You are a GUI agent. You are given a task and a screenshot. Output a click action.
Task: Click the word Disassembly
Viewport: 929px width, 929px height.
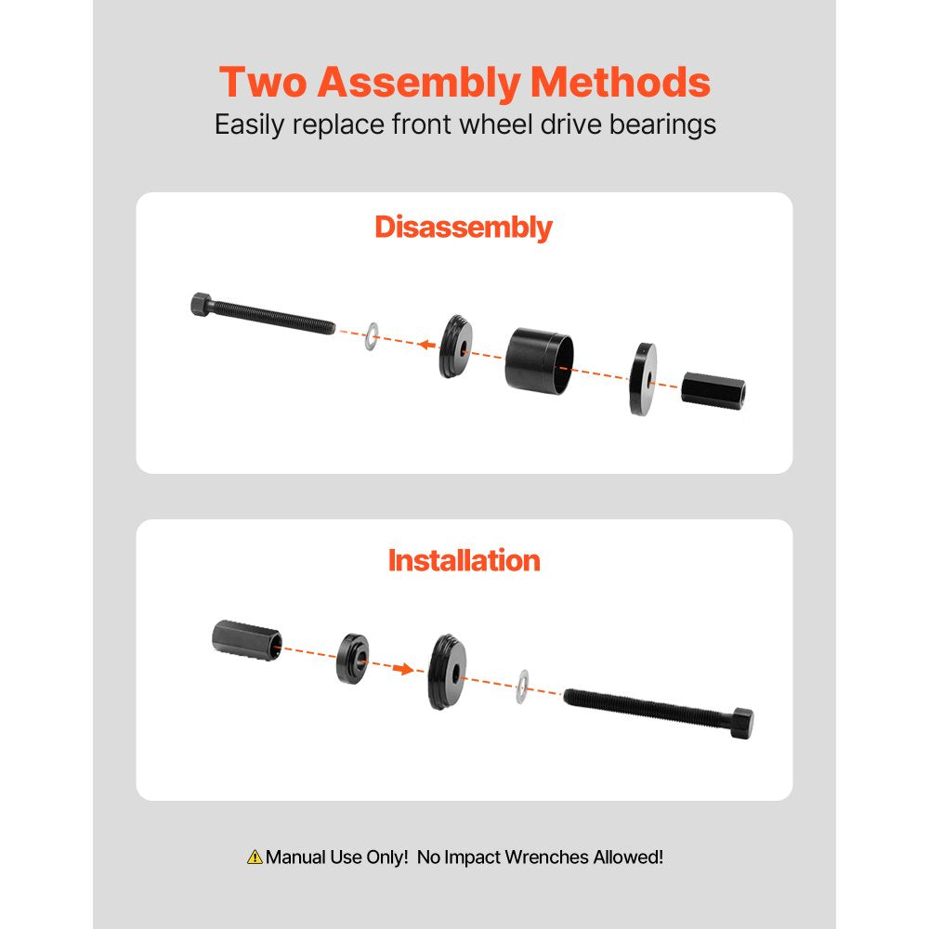click(x=464, y=228)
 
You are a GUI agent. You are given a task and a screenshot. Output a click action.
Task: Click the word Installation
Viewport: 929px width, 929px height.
click(x=464, y=561)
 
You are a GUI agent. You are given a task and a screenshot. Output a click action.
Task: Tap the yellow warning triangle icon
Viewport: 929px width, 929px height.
click(x=255, y=857)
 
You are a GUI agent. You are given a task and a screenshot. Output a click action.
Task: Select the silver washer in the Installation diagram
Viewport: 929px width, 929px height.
click(x=523, y=686)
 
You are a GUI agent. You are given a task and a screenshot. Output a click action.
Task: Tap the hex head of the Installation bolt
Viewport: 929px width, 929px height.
click(x=741, y=722)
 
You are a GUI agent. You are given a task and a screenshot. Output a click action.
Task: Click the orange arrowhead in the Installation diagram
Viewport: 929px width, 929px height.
click(x=403, y=667)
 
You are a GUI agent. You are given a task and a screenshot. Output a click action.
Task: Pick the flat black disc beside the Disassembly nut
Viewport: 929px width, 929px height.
click(x=641, y=378)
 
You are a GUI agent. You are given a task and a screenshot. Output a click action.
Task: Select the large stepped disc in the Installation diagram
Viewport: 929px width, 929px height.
click(x=448, y=672)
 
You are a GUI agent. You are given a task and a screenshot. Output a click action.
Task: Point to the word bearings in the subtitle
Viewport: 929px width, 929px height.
click(x=662, y=124)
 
